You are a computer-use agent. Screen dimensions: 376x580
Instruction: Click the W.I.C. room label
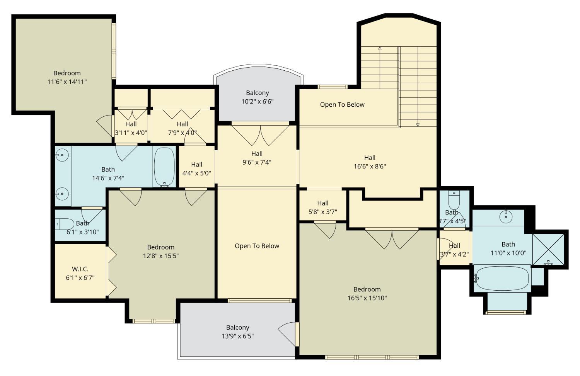point(80,269)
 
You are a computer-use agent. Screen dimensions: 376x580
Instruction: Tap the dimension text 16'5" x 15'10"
point(367,298)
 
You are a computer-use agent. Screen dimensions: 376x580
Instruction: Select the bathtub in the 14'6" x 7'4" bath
point(164,167)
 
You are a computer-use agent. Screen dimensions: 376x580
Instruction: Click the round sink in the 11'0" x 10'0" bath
point(506,216)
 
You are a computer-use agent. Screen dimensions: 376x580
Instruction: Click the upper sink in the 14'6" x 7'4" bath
point(62,155)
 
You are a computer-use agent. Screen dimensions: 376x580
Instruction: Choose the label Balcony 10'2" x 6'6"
point(257,97)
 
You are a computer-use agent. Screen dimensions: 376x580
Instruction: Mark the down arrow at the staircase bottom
point(418,124)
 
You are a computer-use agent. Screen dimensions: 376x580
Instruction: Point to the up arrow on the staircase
point(380,49)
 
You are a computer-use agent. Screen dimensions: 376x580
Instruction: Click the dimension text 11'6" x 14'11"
point(67,82)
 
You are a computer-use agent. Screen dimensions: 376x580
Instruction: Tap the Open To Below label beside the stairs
point(342,104)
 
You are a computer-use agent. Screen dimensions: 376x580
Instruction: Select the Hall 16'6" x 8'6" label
point(370,162)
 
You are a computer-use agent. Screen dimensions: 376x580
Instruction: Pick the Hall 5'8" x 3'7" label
point(322,207)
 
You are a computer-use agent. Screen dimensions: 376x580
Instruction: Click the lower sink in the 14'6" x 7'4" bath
point(62,193)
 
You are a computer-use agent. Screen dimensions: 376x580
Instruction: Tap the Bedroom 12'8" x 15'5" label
point(160,251)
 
